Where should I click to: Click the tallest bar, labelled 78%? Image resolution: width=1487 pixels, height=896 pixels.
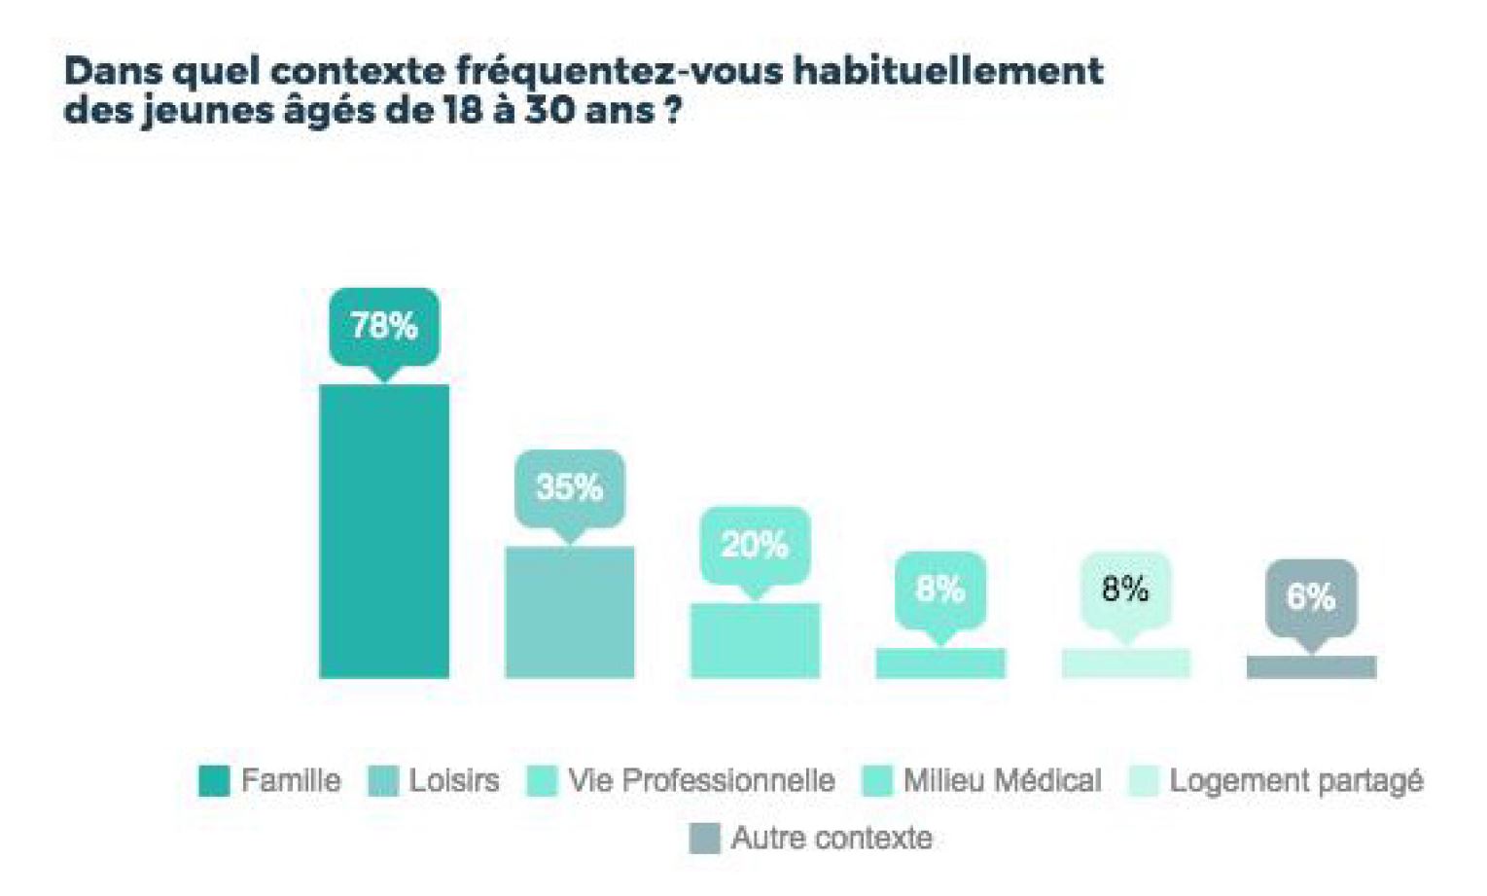[384, 530]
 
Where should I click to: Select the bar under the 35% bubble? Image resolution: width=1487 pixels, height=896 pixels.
[569, 612]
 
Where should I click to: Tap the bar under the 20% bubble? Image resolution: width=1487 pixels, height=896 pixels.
[755, 640]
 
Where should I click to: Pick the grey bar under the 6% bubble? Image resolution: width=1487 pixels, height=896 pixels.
[1311, 667]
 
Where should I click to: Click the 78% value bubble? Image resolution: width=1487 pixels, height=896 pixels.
[384, 326]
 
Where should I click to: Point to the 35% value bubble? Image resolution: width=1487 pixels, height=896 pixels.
[569, 486]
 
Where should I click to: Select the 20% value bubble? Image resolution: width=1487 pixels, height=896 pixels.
[755, 545]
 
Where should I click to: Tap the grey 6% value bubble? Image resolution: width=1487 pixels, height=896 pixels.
[1311, 595]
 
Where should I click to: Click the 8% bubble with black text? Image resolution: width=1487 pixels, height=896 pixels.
[1125, 589]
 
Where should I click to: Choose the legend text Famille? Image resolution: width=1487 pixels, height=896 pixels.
[291, 780]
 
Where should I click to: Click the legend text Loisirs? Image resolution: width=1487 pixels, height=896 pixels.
[453, 780]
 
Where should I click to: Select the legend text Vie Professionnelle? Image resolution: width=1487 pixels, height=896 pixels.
[701, 780]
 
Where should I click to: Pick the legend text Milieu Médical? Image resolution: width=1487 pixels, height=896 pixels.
[1002, 780]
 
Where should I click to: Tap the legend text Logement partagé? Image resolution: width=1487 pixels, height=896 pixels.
[1295, 780]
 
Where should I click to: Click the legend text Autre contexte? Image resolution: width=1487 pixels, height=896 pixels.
[832, 838]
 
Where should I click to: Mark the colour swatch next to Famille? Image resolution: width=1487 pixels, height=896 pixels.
[214, 781]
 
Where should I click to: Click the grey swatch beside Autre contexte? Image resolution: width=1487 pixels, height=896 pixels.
[704, 839]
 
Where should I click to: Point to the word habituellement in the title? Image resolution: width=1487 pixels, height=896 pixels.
[948, 71]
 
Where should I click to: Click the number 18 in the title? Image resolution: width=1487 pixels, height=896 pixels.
[463, 110]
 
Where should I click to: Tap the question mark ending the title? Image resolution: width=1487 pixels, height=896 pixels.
[672, 110]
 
